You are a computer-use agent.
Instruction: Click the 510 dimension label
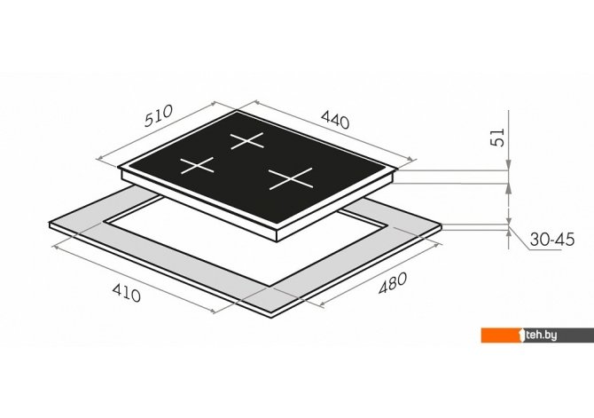[159, 115]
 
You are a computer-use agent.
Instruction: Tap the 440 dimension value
[335, 120]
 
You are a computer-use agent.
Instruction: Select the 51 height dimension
[497, 138]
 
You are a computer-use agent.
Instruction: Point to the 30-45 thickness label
[552, 240]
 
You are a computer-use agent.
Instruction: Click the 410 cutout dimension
[127, 293]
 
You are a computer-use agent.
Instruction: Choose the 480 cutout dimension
[393, 283]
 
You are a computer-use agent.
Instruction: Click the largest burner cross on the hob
[291, 178]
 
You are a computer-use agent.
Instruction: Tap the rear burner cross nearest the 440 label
[247, 141]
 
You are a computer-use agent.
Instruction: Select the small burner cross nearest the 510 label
[197, 165]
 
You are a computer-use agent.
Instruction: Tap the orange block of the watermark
[501, 335]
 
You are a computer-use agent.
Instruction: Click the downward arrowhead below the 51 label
[508, 164]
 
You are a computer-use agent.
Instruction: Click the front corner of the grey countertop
[273, 318]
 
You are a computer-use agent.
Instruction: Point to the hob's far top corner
[238, 110]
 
